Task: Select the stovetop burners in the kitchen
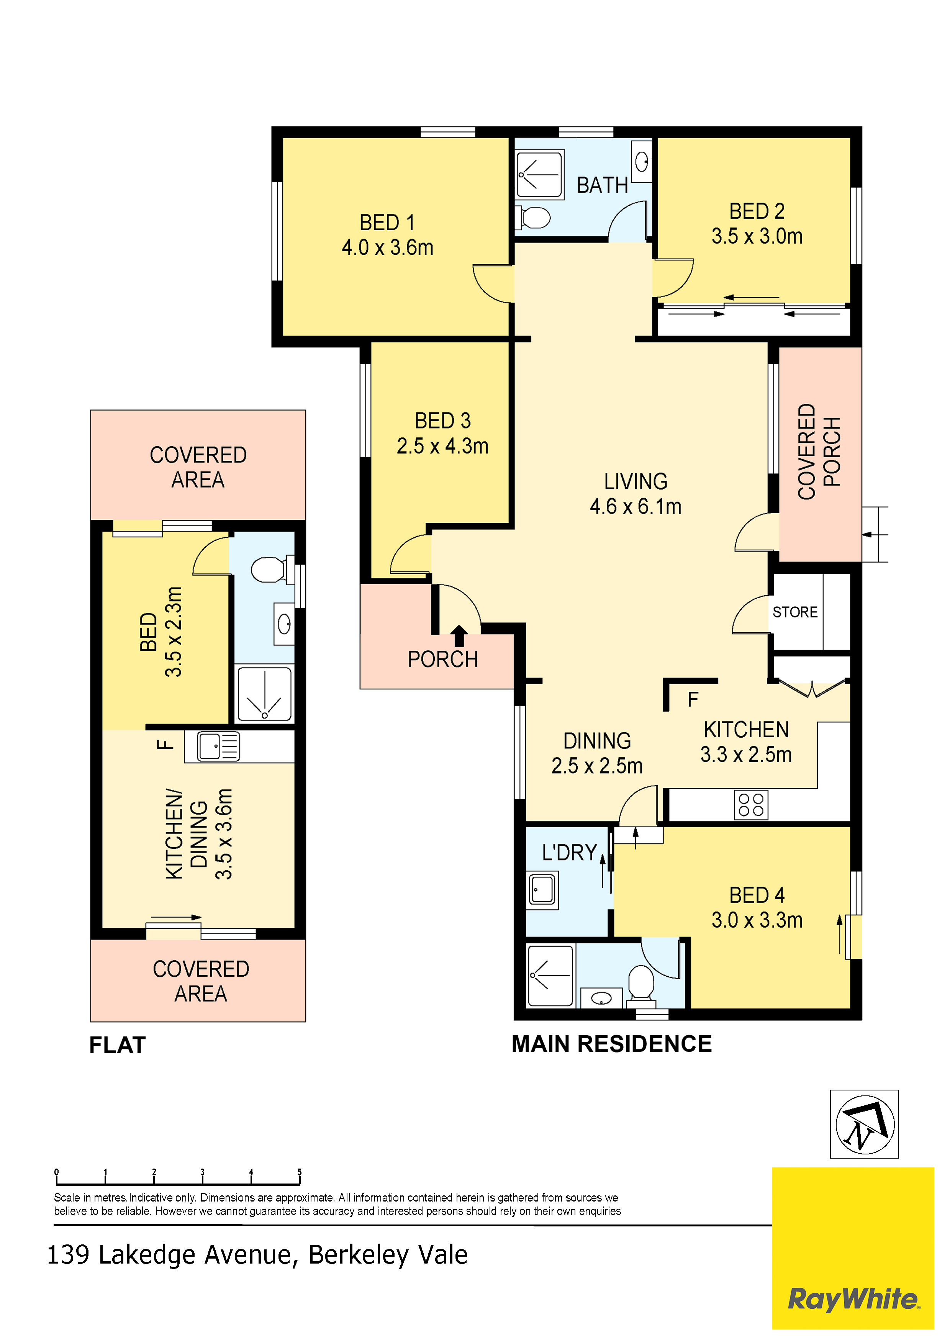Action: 751,804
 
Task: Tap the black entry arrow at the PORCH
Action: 459,636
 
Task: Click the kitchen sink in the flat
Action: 218,746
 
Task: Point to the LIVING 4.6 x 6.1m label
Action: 636,494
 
